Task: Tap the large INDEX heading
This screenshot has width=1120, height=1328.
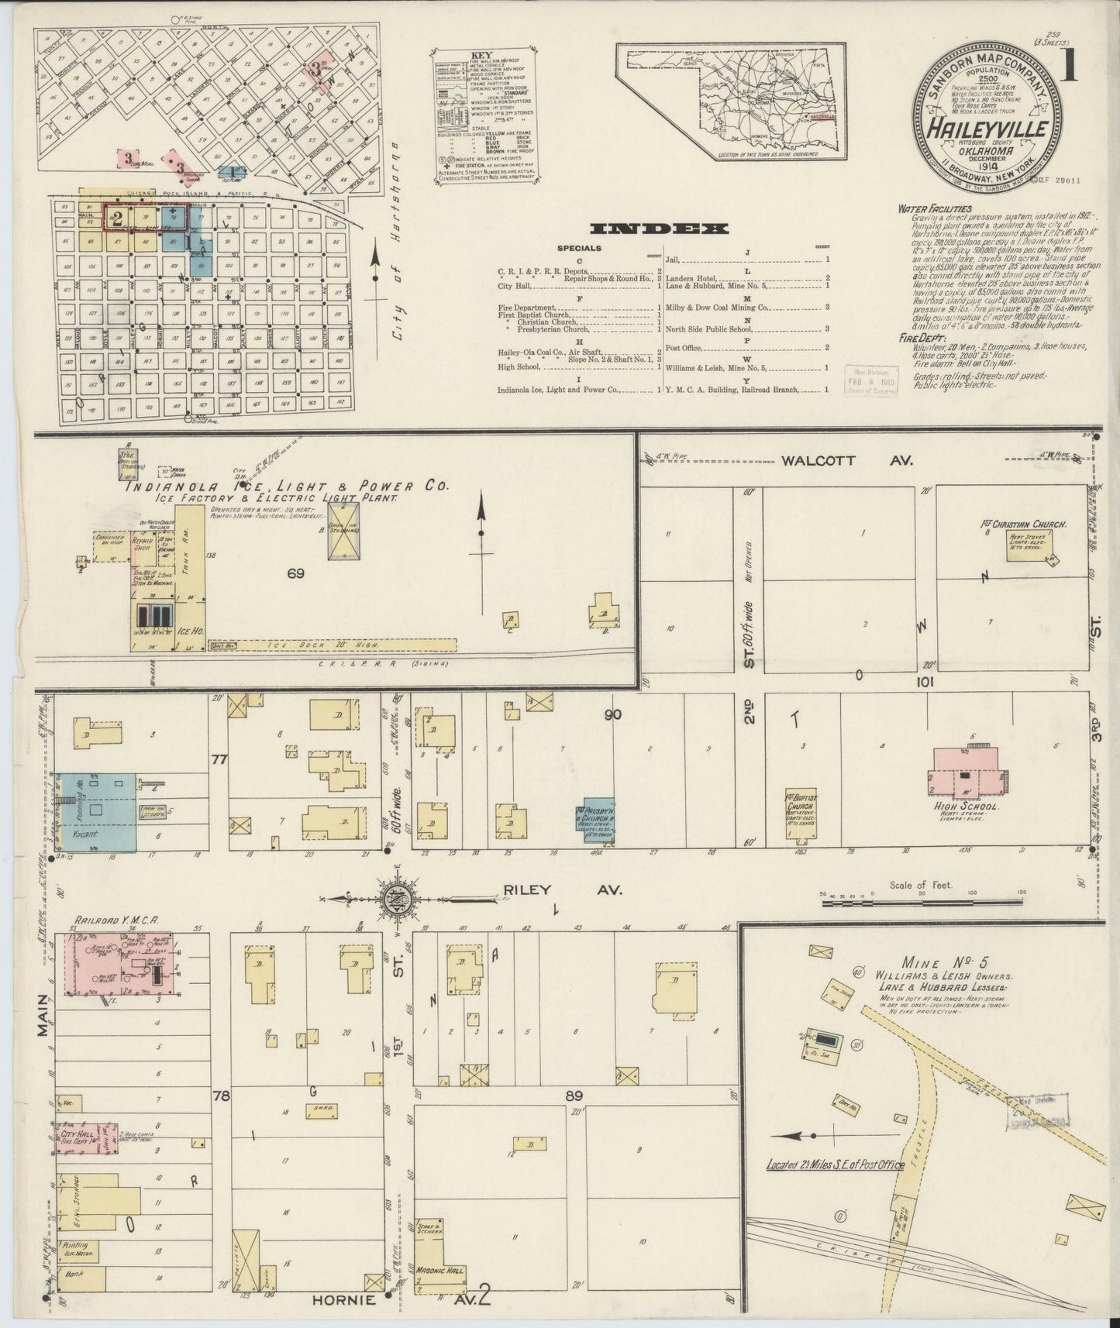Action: (x=659, y=229)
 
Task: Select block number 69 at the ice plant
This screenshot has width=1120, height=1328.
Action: (x=295, y=574)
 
